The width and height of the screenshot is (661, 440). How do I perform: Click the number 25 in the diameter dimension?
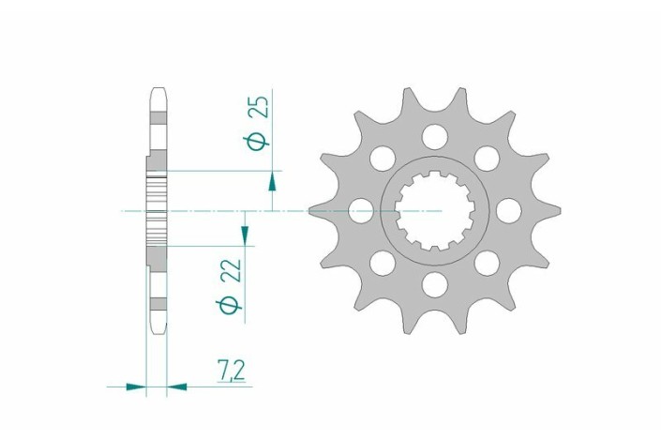pos(263,106)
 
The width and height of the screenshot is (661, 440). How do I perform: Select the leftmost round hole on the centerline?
pos(361,211)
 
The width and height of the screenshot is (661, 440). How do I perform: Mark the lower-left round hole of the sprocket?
pos(382,263)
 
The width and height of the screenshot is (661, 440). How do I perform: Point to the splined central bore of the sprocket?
pos(433,211)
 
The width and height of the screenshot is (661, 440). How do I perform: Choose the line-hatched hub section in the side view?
pos(158,211)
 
